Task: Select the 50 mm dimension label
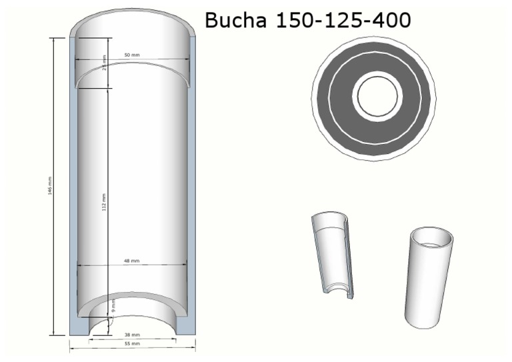click(x=131, y=55)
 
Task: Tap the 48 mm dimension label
click(x=131, y=261)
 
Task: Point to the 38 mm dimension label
click(x=132, y=335)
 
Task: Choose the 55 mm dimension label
click(x=132, y=344)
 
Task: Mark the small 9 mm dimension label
click(x=113, y=307)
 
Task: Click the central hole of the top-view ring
click(x=377, y=96)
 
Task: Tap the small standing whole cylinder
click(x=429, y=277)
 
